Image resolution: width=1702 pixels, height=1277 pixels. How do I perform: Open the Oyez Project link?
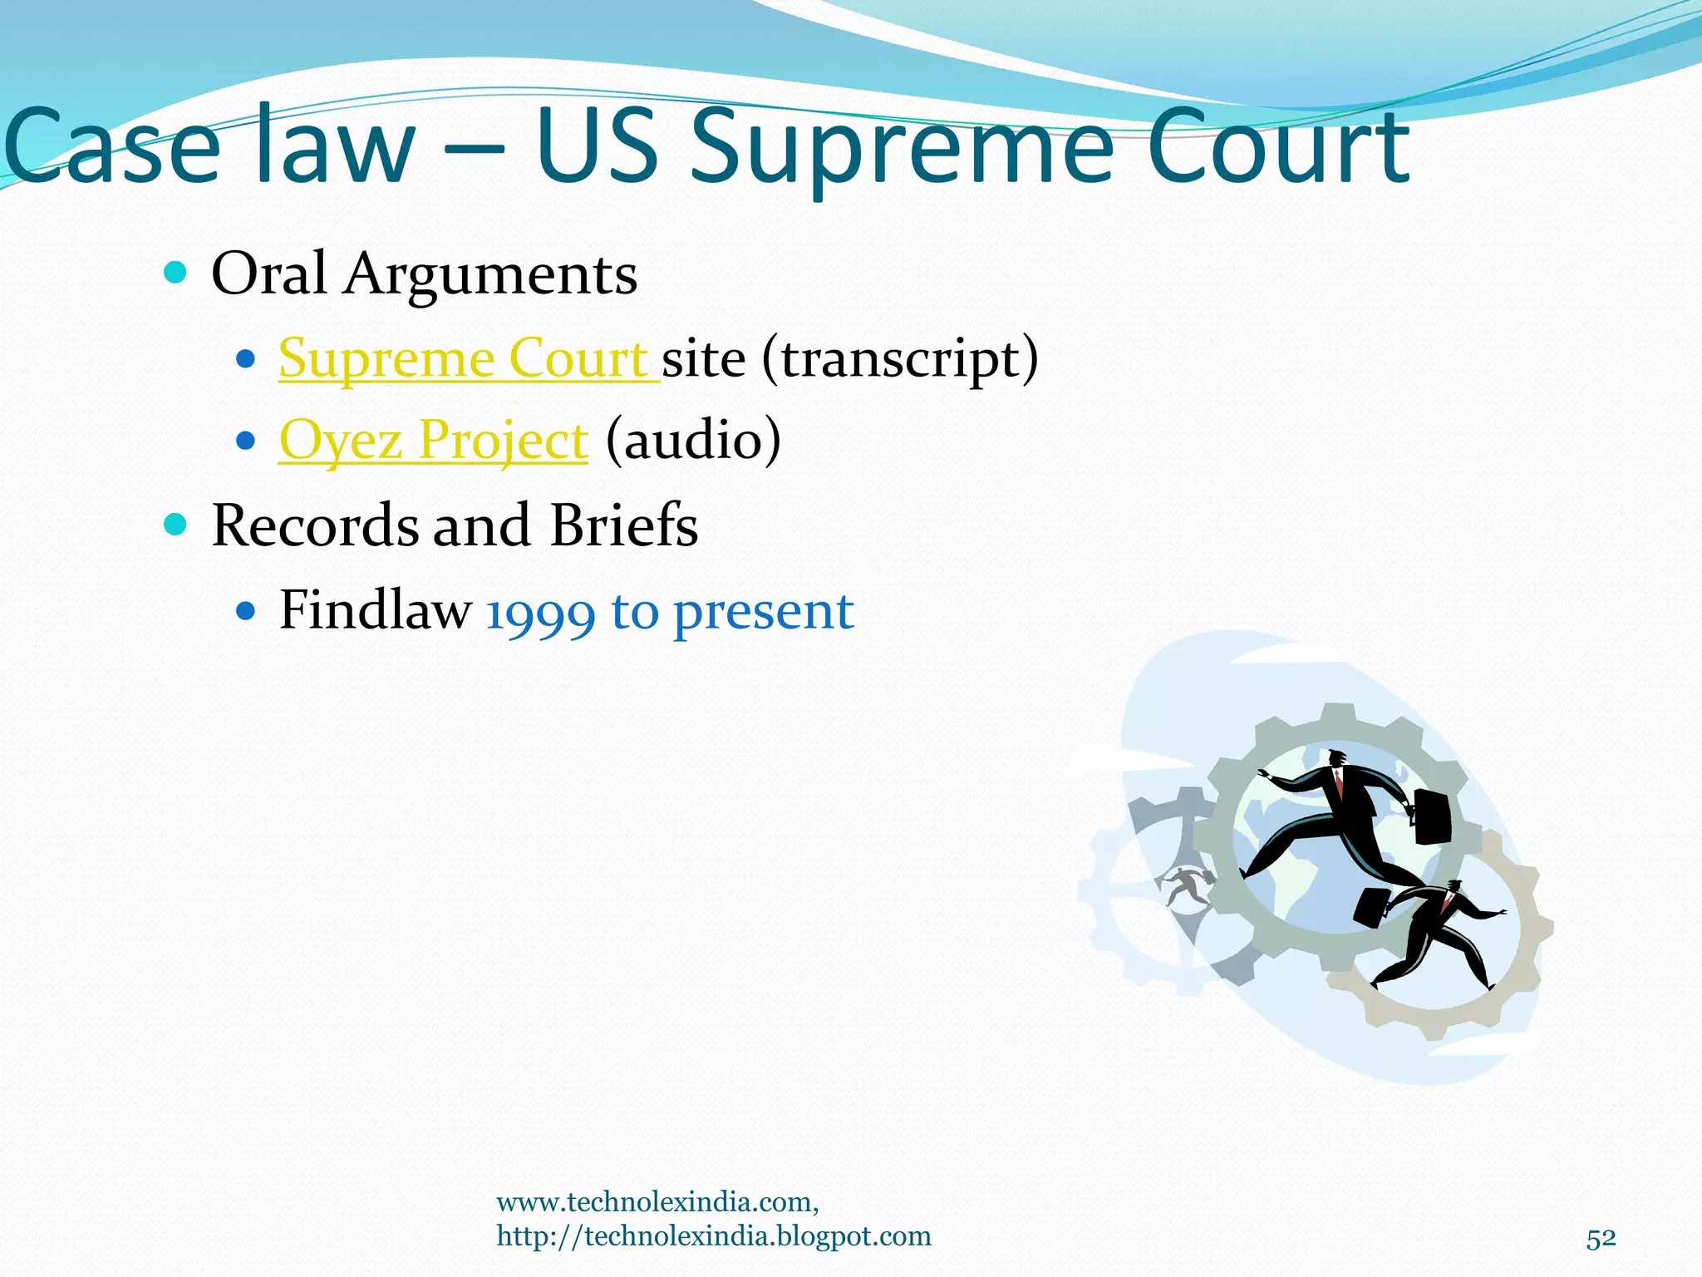click(x=433, y=440)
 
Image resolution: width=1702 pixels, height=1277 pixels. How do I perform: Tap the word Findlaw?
click(x=375, y=610)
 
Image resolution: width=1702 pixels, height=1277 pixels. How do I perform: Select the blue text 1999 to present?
click(x=670, y=612)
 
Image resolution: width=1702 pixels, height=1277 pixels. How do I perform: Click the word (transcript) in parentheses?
click(x=899, y=359)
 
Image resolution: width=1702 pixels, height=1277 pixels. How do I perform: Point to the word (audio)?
click(x=693, y=440)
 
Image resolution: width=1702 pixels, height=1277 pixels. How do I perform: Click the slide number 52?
click(x=1601, y=1239)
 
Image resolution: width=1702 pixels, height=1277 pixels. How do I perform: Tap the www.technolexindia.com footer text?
click(x=657, y=1202)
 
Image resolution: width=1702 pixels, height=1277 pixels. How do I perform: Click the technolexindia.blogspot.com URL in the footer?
click(x=714, y=1236)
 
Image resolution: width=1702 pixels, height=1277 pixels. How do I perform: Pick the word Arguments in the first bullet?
click(x=490, y=274)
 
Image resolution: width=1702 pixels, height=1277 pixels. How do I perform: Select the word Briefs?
click(x=623, y=525)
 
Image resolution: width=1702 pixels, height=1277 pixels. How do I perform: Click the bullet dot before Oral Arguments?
click(x=175, y=272)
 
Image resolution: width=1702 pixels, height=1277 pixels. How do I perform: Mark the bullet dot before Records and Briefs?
click(x=175, y=524)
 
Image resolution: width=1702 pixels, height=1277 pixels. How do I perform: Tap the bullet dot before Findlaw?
click(x=245, y=612)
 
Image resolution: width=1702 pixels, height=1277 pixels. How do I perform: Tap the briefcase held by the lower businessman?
click(x=1371, y=908)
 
